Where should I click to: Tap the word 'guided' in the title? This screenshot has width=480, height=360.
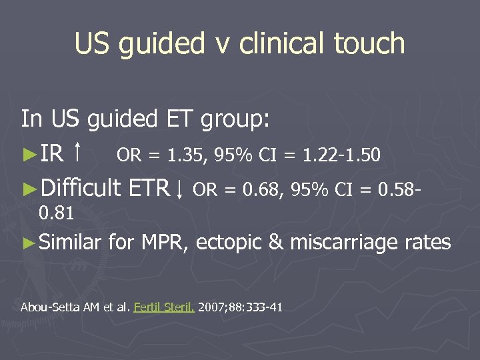[x=162, y=43]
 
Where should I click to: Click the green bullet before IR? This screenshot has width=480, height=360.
[x=29, y=155]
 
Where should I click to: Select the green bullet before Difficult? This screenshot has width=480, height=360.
[x=29, y=190]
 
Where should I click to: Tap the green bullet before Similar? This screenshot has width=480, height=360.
[x=29, y=243]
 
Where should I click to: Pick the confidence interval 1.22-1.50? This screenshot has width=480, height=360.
[x=341, y=156]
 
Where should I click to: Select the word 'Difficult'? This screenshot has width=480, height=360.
[x=80, y=189]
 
